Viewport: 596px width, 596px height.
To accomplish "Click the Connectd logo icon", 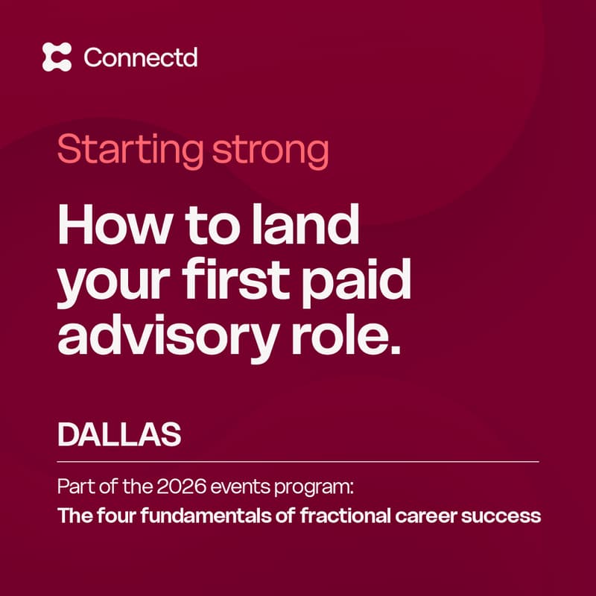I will pos(57,57).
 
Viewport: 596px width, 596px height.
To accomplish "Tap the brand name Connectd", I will pos(141,57).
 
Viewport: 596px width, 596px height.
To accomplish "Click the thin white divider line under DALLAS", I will pos(298,462).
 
